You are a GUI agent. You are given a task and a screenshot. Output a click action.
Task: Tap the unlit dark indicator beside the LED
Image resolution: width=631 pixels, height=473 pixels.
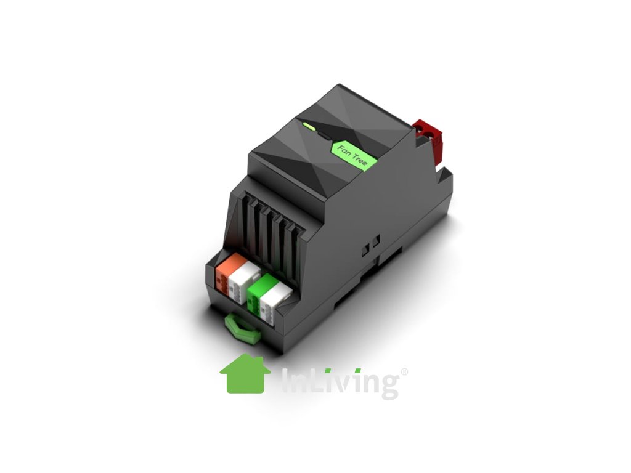[324, 135]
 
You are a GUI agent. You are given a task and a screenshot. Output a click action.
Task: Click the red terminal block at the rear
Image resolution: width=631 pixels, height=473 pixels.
[429, 141]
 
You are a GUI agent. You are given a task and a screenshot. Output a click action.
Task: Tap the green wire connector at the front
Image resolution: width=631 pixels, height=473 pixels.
[261, 291]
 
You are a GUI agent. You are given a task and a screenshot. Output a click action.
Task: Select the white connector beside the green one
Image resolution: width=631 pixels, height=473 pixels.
[275, 301]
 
